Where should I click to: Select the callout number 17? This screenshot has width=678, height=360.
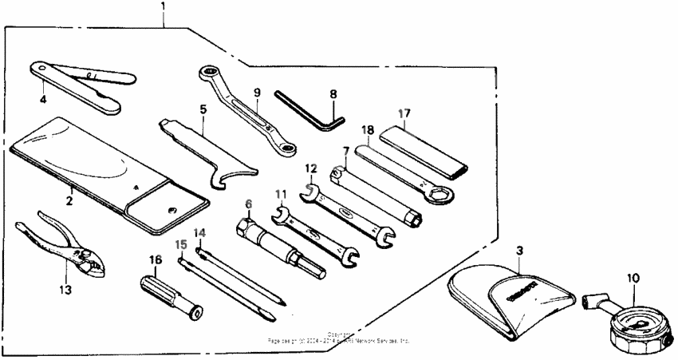(404, 114)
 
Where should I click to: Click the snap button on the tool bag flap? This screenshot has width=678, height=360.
(173, 210)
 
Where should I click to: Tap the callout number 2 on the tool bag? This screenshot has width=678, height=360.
(69, 200)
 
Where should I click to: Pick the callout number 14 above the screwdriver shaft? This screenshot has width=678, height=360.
(200, 232)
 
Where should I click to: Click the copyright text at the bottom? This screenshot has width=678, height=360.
(338, 338)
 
